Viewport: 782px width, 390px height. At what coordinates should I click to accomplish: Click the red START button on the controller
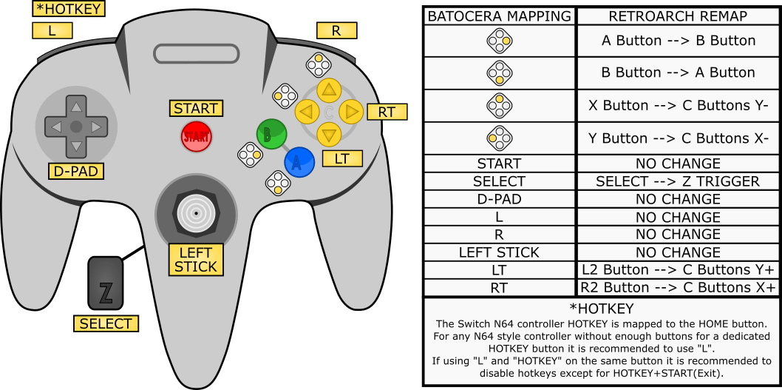[197, 136]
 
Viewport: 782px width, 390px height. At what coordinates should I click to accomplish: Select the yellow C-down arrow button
[329, 135]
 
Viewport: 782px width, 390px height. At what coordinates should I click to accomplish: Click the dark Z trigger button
[106, 283]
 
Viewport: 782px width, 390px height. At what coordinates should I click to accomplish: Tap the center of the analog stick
[196, 212]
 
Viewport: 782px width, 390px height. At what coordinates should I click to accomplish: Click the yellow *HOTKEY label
[68, 10]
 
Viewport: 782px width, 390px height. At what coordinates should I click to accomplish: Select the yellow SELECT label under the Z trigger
[105, 323]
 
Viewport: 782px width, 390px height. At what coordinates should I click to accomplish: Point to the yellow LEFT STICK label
[196, 260]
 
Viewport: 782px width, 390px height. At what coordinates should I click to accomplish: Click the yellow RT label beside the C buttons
[387, 112]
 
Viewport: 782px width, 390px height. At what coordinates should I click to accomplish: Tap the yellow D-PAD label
[74, 172]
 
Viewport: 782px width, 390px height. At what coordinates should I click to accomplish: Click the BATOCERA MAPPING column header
[500, 16]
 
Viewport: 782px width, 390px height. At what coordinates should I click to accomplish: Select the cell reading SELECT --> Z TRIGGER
[678, 181]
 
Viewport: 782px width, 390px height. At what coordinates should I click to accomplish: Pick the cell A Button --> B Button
[678, 41]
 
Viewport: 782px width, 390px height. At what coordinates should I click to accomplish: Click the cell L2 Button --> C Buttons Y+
[678, 269]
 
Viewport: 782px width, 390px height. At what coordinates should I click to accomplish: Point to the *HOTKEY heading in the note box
[602, 308]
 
